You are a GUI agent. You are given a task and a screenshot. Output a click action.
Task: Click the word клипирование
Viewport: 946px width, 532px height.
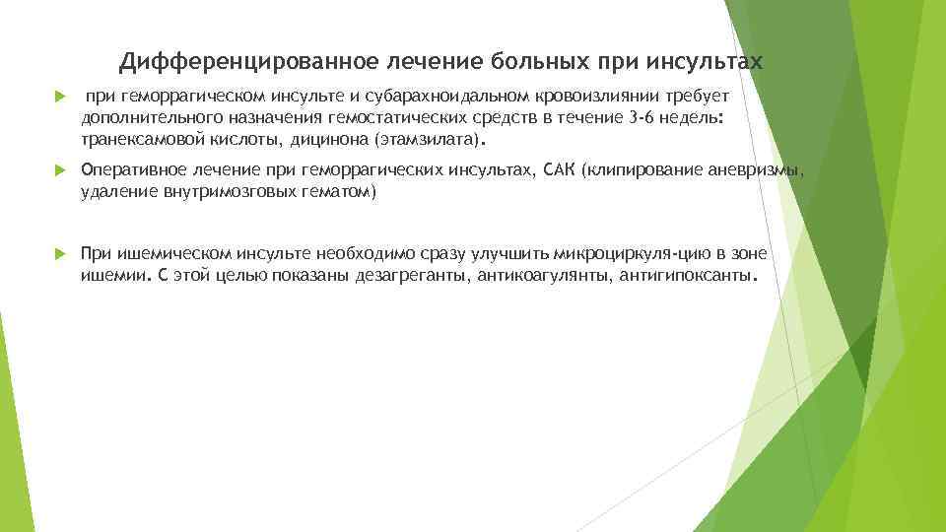(x=644, y=171)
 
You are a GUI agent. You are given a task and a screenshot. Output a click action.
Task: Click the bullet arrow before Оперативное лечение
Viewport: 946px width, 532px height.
(x=58, y=171)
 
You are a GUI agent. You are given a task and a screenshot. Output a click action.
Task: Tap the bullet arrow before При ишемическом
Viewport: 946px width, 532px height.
(x=58, y=254)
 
